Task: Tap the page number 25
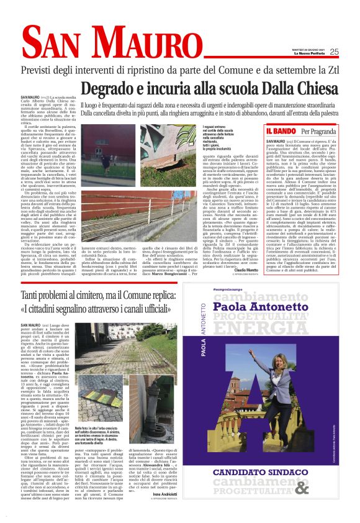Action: pos(334,52)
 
